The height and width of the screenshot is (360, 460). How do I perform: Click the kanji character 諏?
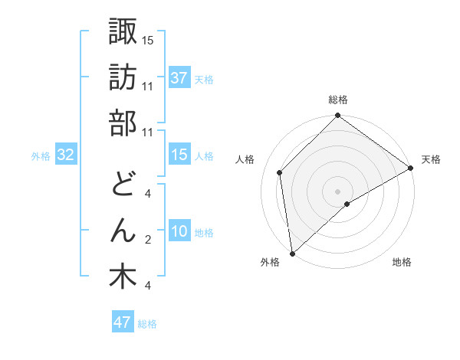pos(123,32)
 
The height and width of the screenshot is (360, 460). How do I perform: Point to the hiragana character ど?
pos(123,184)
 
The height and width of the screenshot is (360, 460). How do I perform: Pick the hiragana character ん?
pos(123,230)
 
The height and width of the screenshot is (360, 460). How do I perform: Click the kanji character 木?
pos(123,277)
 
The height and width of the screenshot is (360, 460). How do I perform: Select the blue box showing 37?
pos(179,78)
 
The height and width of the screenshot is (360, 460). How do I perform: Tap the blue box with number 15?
pos(179,155)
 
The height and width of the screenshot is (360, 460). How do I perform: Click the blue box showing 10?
pos(179,232)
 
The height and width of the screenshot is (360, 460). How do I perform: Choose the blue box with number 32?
pos(66,155)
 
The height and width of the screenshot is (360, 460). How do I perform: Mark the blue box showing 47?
pos(123,322)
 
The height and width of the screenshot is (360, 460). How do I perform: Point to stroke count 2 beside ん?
pos(148,240)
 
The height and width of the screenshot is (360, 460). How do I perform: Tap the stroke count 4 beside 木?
pos(148,286)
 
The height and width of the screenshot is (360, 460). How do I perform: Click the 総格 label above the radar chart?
pos(338,100)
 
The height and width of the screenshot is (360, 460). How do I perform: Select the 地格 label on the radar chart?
pos(402,263)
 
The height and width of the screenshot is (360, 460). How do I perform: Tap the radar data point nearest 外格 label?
pos(292,253)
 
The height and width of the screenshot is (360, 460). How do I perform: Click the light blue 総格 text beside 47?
pos(148,324)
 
